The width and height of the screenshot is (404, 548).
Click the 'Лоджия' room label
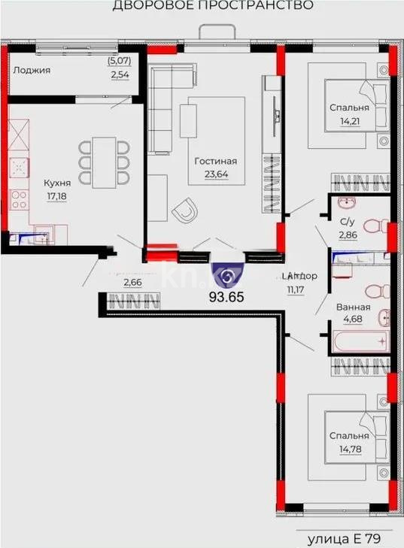pos(32,70)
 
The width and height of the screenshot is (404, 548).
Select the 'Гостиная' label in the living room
pos(215,161)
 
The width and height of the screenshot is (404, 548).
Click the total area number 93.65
pos(226,295)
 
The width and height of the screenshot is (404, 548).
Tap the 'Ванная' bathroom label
pos(352,307)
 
